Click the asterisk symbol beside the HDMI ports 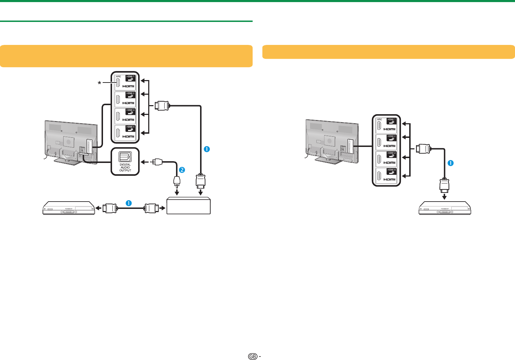100,83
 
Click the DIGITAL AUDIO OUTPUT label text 125,167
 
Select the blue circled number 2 181,170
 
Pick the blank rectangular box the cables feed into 189,206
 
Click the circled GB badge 253,357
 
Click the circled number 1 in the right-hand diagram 451,163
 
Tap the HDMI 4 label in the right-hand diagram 392,170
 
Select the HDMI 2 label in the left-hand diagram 130,94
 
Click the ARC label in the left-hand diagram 119,76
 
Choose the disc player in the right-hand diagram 445,208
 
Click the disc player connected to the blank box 69,208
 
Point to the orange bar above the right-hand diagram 388,52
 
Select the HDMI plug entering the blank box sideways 152,209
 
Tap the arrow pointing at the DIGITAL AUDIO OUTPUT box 143,162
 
